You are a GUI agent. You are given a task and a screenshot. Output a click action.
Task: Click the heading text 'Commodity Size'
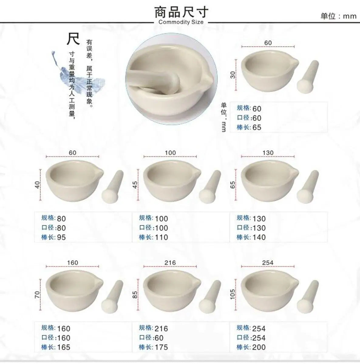point(181,22)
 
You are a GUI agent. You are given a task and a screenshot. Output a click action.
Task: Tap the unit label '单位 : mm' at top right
point(338,16)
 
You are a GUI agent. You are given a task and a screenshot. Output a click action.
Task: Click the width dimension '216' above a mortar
point(170,263)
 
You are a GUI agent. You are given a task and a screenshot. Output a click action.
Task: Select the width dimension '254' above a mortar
point(268,263)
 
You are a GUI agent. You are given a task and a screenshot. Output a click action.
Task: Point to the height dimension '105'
point(233,294)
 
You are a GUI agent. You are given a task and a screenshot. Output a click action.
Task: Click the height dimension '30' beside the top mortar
point(233,75)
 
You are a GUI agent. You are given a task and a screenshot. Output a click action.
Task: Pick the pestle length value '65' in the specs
point(257,127)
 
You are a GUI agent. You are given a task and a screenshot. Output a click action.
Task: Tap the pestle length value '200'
point(259,347)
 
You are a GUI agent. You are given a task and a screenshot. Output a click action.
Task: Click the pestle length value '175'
point(161,347)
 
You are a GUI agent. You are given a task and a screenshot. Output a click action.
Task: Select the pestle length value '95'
point(61,237)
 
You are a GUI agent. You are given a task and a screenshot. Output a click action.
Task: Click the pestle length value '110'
point(161,237)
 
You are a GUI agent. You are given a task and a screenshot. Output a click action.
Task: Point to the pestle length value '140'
point(259,237)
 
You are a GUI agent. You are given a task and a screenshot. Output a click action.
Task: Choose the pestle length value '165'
point(63,347)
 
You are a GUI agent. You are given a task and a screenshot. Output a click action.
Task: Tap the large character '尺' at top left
point(73,39)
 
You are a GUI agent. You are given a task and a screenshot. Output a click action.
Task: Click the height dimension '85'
point(135,294)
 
